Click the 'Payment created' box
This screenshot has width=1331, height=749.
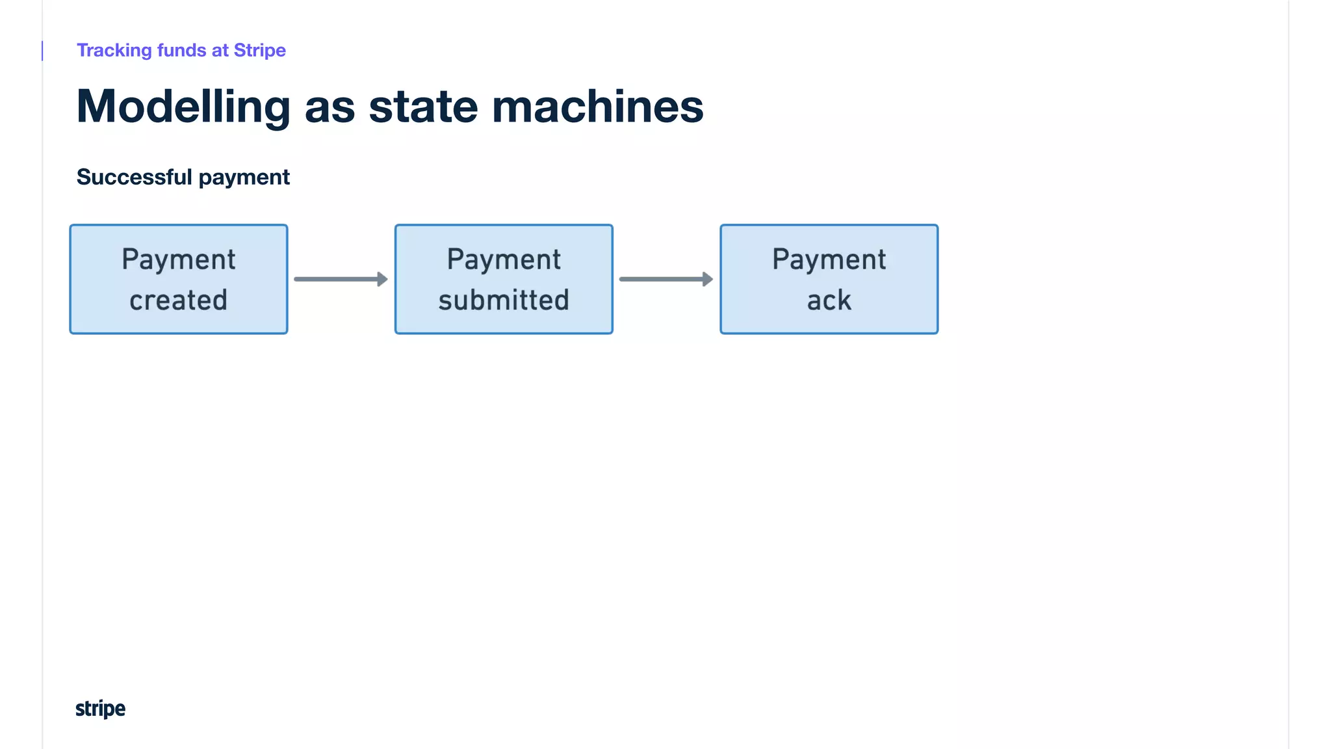click(x=179, y=280)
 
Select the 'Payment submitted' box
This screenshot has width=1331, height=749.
click(x=504, y=280)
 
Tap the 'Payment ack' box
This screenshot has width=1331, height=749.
click(x=829, y=280)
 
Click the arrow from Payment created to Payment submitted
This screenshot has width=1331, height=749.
click(x=341, y=280)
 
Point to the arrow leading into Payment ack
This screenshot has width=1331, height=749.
click(x=665, y=280)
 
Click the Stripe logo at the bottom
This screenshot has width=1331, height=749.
click(x=100, y=709)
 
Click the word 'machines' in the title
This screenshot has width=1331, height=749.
click(x=597, y=107)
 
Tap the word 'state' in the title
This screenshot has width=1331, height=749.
click(x=423, y=107)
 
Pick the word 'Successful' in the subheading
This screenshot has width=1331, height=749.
click(x=135, y=177)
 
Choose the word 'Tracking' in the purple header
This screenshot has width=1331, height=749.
click(x=114, y=51)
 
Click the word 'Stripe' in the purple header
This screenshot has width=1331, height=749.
click(x=259, y=51)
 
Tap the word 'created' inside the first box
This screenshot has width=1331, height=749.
click(x=179, y=300)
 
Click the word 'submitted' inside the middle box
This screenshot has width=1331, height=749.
click(x=504, y=300)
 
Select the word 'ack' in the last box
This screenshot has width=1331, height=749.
click(x=829, y=300)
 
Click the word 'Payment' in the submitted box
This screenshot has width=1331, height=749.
click(x=504, y=259)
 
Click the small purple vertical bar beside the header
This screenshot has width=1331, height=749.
click(x=42, y=51)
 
